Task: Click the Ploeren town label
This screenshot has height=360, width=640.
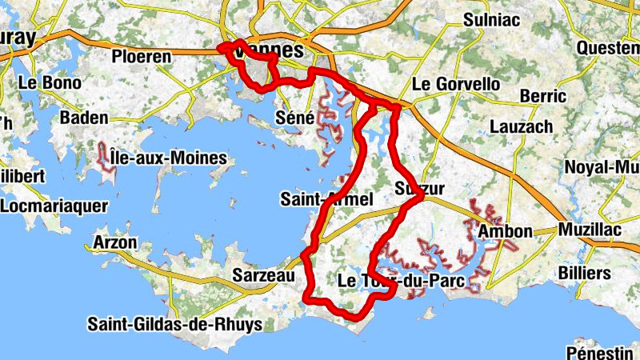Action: coord(142,57)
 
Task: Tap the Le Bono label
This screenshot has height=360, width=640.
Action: coord(50,82)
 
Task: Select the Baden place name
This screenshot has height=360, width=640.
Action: coord(83,118)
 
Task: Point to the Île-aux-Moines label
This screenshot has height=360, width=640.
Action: coord(168,158)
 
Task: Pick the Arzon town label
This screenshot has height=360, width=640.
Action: coord(115,242)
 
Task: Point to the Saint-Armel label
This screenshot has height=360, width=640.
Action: coord(326,199)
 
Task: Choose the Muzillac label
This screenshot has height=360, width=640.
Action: coord(595,230)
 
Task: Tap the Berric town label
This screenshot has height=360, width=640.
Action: coord(542,96)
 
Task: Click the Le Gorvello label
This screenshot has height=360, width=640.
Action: coord(456,84)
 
